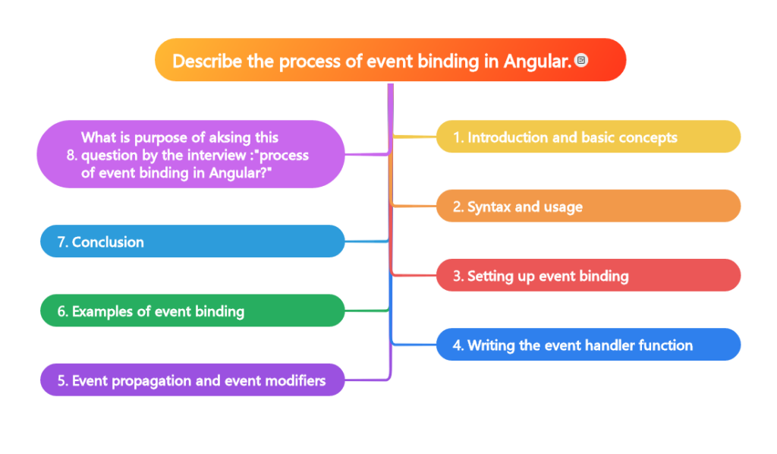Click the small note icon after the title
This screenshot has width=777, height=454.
(x=581, y=60)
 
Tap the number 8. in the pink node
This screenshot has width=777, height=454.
(x=72, y=156)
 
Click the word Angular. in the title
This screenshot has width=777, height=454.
(x=537, y=61)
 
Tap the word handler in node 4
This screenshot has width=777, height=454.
(x=596, y=345)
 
